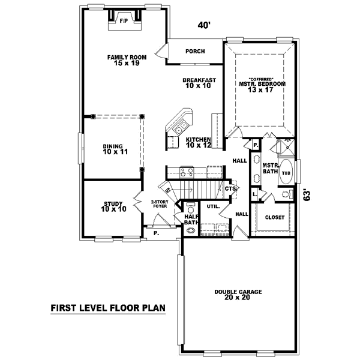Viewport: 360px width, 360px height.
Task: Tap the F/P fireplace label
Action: tap(124, 21)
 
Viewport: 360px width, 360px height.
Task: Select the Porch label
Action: tap(195, 52)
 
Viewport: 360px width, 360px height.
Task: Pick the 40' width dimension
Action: tap(205, 26)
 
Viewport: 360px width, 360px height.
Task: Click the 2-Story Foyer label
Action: tap(159, 204)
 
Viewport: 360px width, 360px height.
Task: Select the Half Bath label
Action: tap(191, 220)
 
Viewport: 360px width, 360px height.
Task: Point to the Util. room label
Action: tap(214, 206)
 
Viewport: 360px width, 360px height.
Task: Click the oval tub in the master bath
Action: tap(286, 173)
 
